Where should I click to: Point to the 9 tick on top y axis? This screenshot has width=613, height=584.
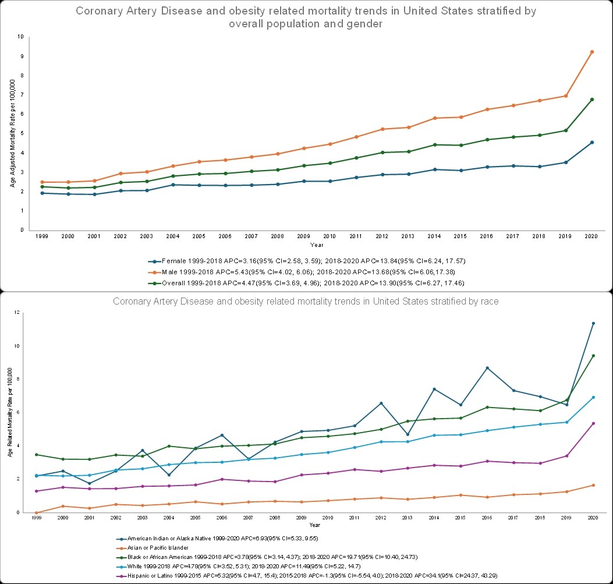22,56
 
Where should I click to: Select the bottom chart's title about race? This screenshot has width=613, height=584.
306,302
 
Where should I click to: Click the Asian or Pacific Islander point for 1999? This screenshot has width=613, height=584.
36,512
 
